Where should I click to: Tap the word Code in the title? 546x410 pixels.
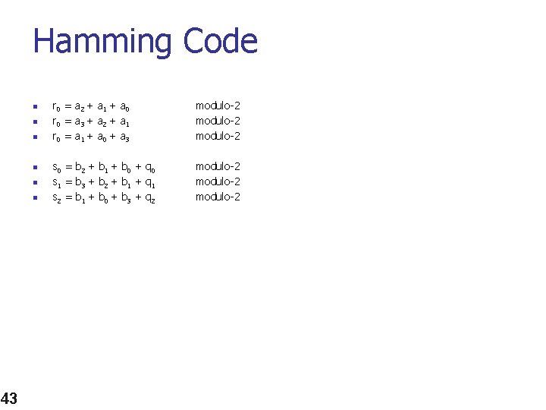coord(221,41)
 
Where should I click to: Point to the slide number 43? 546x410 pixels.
coord(9,398)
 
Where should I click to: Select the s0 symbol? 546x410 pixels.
coord(55,167)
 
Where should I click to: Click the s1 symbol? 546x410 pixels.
coord(55,182)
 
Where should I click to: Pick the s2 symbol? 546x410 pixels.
coord(55,197)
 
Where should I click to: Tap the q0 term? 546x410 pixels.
coord(149,168)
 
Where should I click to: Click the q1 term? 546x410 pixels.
coord(149,183)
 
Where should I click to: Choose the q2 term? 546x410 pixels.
coord(149,198)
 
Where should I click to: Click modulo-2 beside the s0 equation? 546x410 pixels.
coord(218,166)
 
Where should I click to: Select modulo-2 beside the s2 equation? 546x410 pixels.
coord(218,197)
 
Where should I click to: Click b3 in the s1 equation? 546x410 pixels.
coord(79,183)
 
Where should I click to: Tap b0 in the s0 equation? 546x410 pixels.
coord(126,168)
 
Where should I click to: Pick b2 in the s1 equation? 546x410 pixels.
coord(102,183)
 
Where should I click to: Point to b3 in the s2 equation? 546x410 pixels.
coord(126,198)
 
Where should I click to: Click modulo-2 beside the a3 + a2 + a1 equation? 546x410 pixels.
coord(218,121)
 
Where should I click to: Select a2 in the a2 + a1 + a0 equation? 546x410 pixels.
coord(79,107)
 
